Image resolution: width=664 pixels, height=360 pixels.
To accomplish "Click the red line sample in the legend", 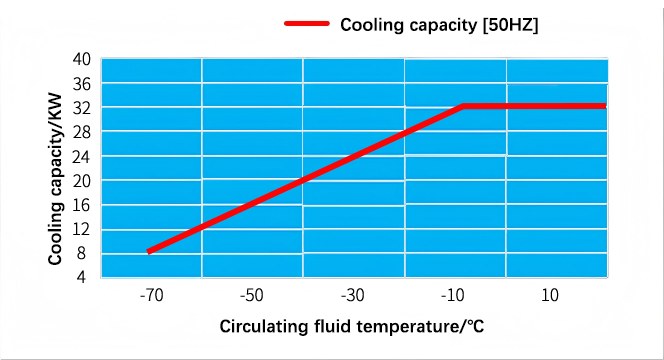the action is point(307,24).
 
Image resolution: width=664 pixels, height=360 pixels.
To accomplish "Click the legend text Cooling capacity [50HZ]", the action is point(439,25).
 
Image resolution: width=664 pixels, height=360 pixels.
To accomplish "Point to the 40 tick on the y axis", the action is point(82,59).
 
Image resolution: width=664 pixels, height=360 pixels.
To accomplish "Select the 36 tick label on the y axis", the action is point(82,84).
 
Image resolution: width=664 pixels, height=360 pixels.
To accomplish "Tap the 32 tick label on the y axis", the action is point(82,108).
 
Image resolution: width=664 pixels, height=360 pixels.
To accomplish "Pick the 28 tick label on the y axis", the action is point(82,133).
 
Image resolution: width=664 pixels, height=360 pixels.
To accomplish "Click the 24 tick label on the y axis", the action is point(82,157).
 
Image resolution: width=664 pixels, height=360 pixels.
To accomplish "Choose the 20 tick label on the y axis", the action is point(82,181).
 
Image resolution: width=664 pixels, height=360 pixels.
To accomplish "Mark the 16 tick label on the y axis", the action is point(82,205).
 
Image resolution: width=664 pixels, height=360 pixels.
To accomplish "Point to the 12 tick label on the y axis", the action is point(82,230).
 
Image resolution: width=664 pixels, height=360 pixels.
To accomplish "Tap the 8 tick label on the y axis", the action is point(81,254).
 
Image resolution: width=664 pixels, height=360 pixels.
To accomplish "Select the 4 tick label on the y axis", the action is point(81,277).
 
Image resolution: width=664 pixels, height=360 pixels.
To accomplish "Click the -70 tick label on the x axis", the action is point(152,295).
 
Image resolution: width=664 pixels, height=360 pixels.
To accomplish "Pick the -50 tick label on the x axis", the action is point(252,295).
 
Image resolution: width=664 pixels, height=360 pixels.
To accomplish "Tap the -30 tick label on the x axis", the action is point(353,295).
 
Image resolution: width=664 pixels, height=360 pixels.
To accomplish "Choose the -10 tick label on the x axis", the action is point(453,295).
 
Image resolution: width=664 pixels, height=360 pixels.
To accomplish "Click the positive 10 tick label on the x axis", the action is point(550,295).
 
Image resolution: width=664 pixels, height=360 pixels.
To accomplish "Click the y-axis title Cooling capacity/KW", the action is point(55,180).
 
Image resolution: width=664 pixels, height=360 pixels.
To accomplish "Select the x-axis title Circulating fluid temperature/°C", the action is point(351,327).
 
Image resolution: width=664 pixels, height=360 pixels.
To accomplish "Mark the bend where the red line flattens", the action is point(463,106).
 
